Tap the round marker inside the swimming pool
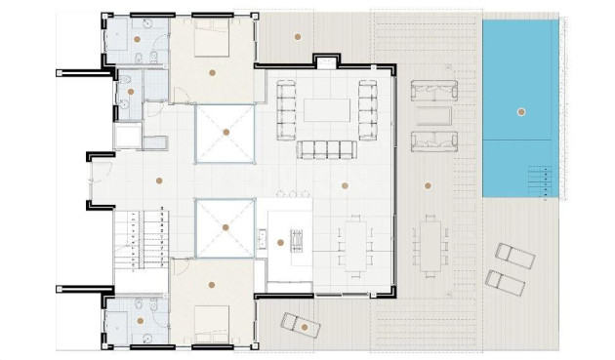tap(521, 112)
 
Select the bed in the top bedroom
tap(212, 38)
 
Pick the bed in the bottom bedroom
tap(212, 324)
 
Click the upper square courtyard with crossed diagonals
tap(225, 132)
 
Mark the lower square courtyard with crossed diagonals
tap(225, 227)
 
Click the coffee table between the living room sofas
tap(327, 109)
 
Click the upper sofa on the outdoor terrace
tap(433, 93)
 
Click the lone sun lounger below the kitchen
tap(300, 324)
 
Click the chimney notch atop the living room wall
tap(323, 62)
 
